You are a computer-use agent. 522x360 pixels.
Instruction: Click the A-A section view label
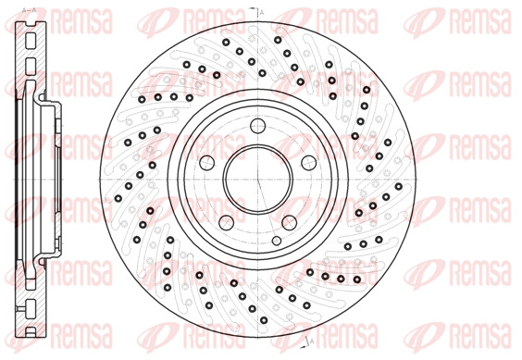tap(29, 10)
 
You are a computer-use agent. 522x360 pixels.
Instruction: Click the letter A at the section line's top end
tap(262, 13)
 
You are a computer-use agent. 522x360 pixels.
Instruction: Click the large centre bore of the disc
tap(258, 180)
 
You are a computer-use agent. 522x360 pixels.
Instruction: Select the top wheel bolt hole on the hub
tap(258, 126)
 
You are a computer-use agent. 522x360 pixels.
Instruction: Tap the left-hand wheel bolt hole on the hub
tap(206, 163)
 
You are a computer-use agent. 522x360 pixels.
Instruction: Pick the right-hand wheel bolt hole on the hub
tap(308, 163)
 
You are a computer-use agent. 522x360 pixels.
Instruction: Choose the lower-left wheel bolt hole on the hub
tap(227, 222)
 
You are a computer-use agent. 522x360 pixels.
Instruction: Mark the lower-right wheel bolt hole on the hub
tap(290, 222)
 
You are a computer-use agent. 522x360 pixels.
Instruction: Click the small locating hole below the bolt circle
tap(277, 241)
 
